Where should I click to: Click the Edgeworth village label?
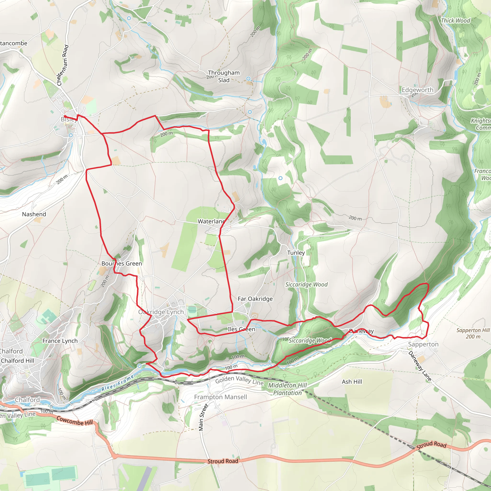coord(417,90)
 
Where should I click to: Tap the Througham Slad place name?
coord(224,76)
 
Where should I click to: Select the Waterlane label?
coord(211,221)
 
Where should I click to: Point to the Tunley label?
coord(296,253)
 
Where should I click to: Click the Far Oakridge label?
coord(255,299)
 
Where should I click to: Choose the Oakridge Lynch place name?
coord(161,312)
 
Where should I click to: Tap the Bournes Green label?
coord(122,263)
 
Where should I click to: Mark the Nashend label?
coord(34,214)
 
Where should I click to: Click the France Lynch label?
coord(60,341)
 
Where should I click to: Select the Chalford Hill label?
coord(18,361)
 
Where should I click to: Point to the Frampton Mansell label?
coord(220,397)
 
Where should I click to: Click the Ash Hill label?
coord(352,382)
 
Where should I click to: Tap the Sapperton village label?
coord(423,344)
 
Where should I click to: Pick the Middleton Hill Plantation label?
coord(287,389)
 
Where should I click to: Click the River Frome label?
coord(117,383)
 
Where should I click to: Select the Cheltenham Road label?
coord(63,65)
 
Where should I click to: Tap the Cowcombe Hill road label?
coord(75,421)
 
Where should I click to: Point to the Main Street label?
coord(203,417)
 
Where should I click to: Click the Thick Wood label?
coord(456,21)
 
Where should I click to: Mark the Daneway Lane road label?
coord(420,366)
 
